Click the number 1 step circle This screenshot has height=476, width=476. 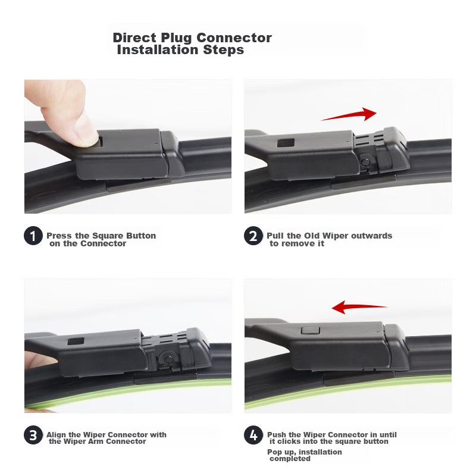(33, 236)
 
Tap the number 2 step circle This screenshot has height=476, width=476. (253, 236)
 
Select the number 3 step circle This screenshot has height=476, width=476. (33, 435)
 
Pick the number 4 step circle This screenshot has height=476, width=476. (253, 435)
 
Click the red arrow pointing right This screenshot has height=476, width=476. (349, 115)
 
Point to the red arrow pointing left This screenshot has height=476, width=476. (359, 307)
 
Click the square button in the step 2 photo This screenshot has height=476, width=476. (286, 143)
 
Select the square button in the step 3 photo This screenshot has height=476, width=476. (76, 340)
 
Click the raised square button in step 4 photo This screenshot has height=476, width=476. (310, 330)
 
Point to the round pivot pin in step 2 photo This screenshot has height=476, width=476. (365, 162)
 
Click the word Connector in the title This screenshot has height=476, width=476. (234, 38)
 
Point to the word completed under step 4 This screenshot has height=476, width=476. (290, 459)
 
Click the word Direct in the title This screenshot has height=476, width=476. (135, 38)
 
